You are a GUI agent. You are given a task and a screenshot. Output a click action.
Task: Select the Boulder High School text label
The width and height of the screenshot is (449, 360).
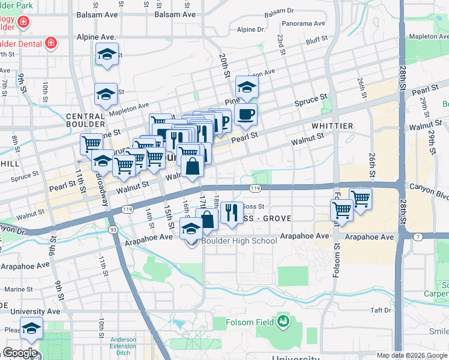pos(239,241)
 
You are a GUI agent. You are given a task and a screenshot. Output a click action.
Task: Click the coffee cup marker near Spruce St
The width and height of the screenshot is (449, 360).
pos(246,114)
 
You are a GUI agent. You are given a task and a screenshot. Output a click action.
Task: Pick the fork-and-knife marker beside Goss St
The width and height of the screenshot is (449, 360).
pos(231,212)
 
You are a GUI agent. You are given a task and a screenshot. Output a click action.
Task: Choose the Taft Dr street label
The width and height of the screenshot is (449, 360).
pos(381,310)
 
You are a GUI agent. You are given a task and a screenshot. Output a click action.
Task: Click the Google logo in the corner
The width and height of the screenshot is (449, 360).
pos(20,353)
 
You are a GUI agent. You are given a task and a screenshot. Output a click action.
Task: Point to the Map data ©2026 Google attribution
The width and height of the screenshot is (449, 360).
pos(411,355)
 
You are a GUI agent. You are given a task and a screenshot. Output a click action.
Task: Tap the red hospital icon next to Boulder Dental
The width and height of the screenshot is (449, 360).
pos(51,43)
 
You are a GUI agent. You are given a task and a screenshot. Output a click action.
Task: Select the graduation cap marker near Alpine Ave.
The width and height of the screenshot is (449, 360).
pos(106,55)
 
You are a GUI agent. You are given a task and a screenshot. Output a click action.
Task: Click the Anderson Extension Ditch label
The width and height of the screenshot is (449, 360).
pos(127,347)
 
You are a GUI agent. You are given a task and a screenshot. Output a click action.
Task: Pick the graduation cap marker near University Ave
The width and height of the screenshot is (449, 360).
pos(31,328)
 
